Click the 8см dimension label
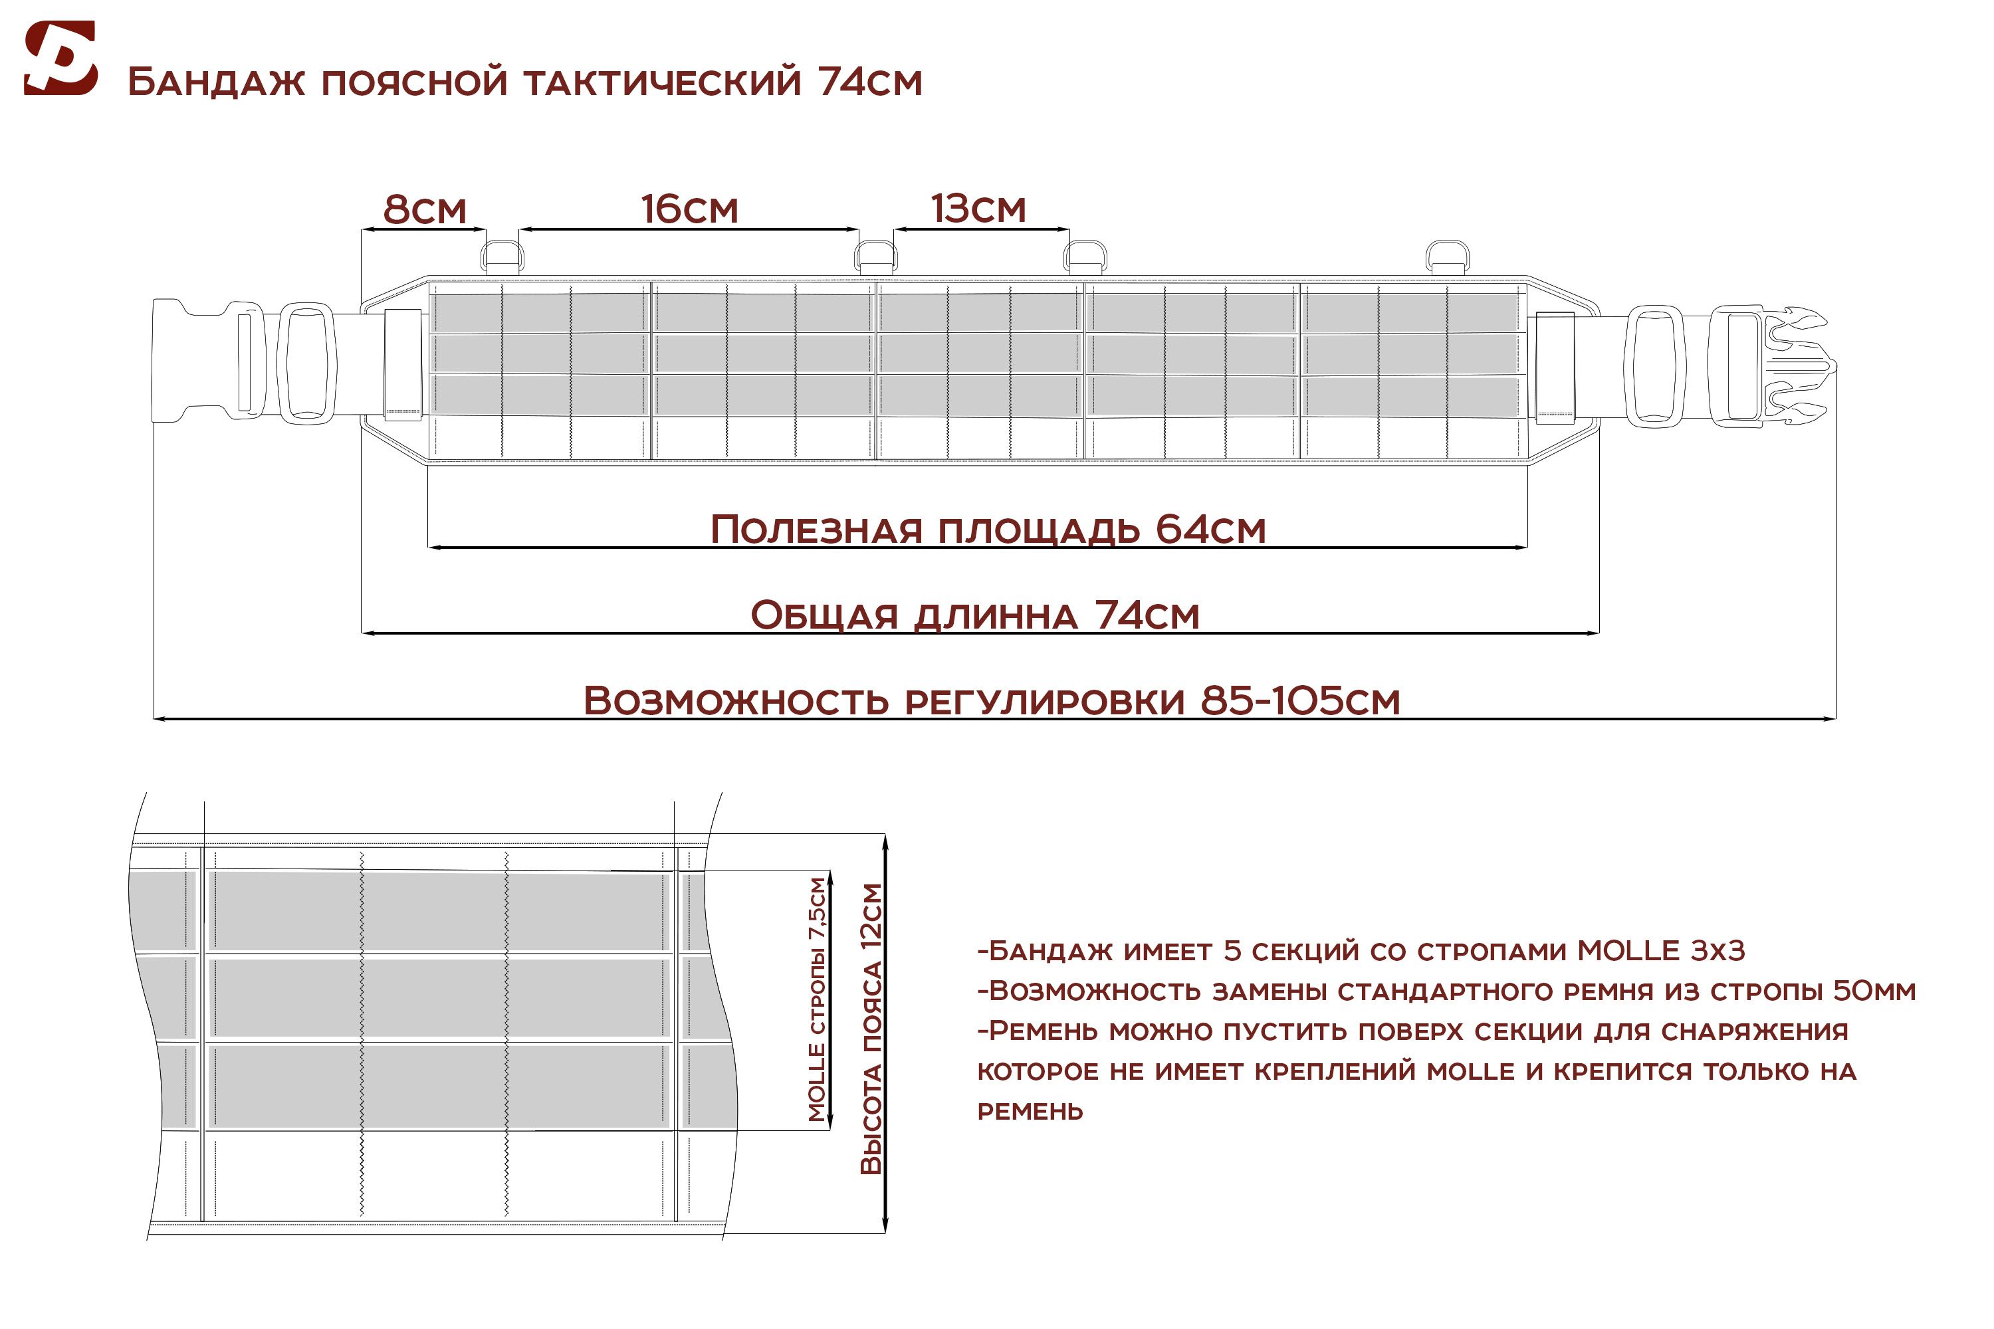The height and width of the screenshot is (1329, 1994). point(425,209)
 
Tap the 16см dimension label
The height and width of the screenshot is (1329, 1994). point(689,209)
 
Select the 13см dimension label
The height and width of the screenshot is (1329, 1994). point(978,209)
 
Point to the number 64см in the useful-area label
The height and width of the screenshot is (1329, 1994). point(1210,529)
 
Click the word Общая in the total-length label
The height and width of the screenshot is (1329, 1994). point(824,615)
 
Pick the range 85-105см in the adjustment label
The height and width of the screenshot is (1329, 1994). point(1301,701)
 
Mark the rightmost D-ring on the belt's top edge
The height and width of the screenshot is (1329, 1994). point(1446,256)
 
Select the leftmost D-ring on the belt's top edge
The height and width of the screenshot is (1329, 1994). point(502,256)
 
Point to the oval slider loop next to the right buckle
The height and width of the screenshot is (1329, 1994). point(1654,366)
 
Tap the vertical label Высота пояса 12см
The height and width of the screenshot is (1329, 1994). point(871,1029)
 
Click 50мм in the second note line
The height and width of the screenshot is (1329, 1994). point(1874,991)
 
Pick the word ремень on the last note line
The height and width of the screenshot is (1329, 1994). point(1030,1111)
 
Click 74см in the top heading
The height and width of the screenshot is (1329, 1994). point(871,82)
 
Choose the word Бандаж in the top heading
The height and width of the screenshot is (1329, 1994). point(216,82)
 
